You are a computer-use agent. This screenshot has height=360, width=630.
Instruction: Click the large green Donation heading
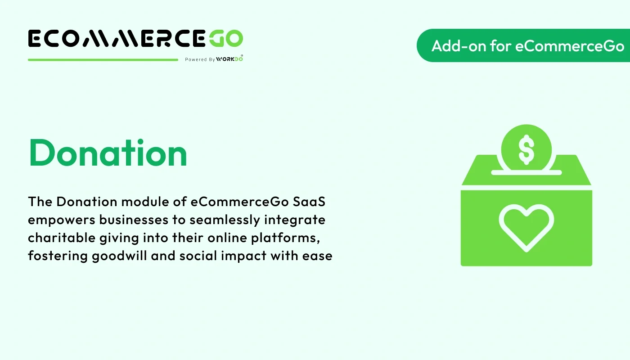[x=108, y=153]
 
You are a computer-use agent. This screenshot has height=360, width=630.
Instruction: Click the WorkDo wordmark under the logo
[x=229, y=59]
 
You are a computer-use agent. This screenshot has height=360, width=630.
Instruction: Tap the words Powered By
[x=200, y=59]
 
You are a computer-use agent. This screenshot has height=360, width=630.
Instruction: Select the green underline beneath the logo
[x=103, y=59]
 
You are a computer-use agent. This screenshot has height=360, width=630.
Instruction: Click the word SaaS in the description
[x=309, y=202]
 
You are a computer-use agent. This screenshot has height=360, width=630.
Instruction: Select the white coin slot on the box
[x=526, y=172]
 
